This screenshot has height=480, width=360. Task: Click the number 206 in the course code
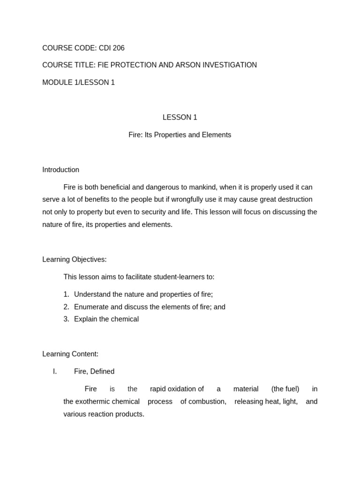tap(118, 48)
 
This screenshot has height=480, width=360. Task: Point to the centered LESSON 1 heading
tap(180, 117)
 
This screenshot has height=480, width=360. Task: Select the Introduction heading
tap(61, 170)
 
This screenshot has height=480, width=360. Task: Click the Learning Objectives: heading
tap(75, 259)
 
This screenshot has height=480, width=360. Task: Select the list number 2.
tap(66, 307)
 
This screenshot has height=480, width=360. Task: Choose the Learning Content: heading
tap(70, 354)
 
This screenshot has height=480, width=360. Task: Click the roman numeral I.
tap(55, 371)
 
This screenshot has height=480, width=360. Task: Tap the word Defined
tap(102, 371)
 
